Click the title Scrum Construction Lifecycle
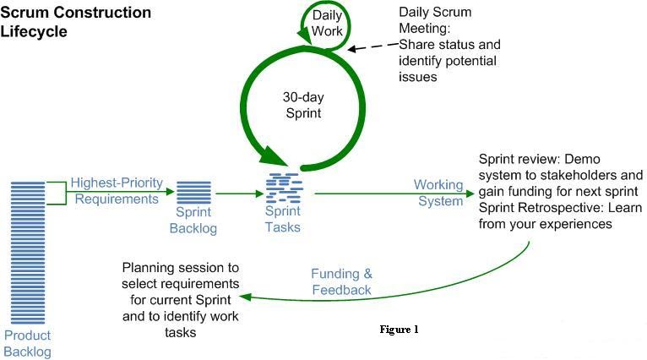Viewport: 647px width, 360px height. (76, 22)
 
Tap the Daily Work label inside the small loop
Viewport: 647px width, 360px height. (328, 24)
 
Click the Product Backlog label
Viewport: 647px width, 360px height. (28, 344)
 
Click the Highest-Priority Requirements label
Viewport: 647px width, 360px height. (115, 191)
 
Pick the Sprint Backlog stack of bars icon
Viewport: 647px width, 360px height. (195, 191)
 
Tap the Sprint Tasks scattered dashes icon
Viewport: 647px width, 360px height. (283, 187)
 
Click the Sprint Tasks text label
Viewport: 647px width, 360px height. (283, 220)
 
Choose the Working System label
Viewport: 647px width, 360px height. (438, 193)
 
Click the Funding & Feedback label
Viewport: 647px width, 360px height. (341, 281)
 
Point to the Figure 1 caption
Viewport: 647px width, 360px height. (399, 330)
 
